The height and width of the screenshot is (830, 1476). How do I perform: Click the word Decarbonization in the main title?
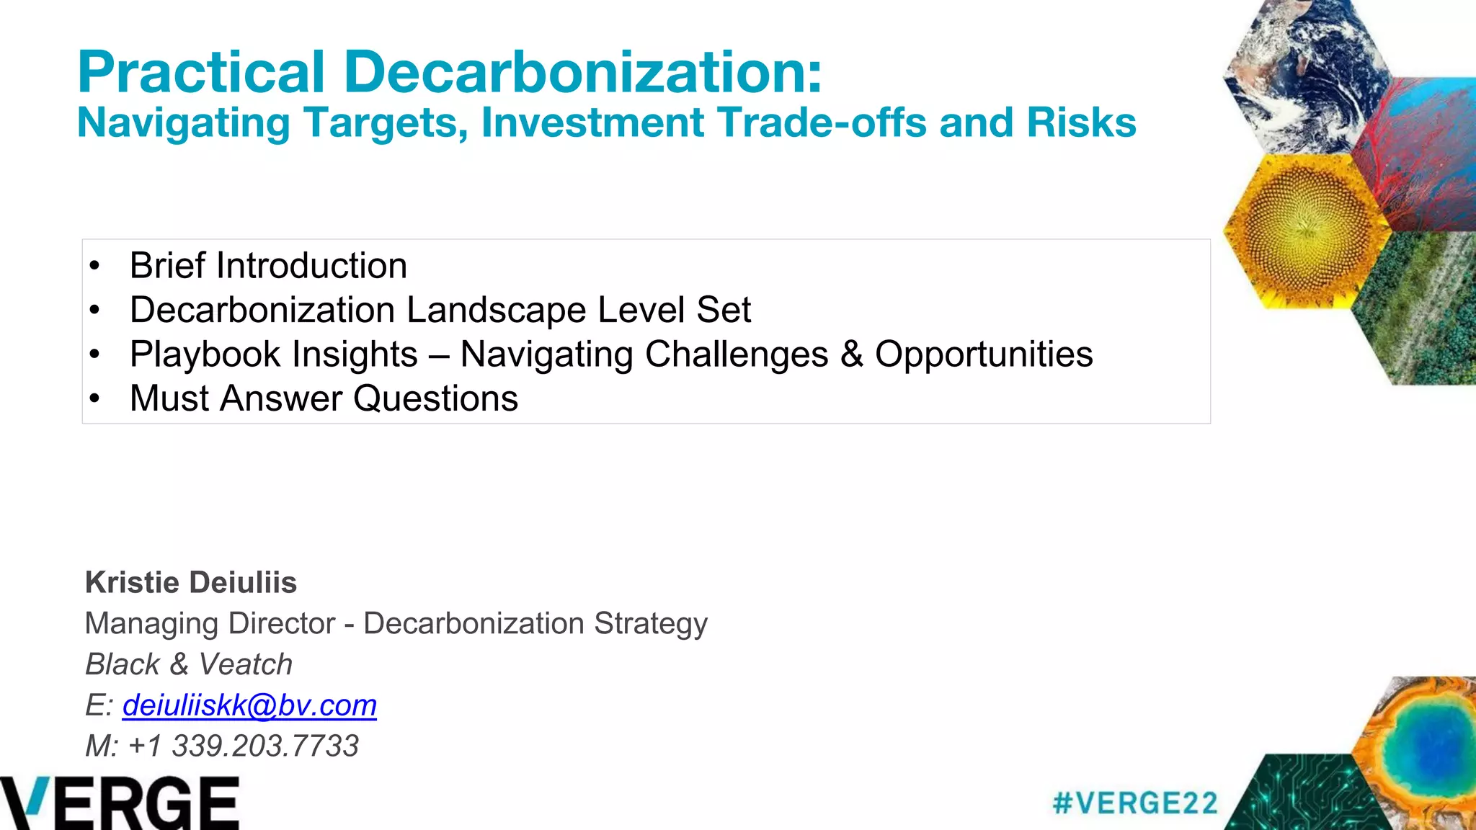pos(582,72)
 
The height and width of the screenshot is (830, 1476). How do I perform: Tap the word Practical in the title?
pos(201,72)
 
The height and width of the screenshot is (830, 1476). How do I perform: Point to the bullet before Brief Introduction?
pos(94,266)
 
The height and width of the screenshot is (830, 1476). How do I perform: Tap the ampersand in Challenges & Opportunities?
pos(852,354)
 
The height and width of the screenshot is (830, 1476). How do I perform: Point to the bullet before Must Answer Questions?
pos(94,398)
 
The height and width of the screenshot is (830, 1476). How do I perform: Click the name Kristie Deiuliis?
pos(191,582)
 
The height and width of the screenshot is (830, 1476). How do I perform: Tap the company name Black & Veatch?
pos(189,664)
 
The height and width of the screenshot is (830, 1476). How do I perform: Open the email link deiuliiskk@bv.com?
pos(249,705)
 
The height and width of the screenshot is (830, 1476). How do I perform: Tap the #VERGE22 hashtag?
pos(1135,803)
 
